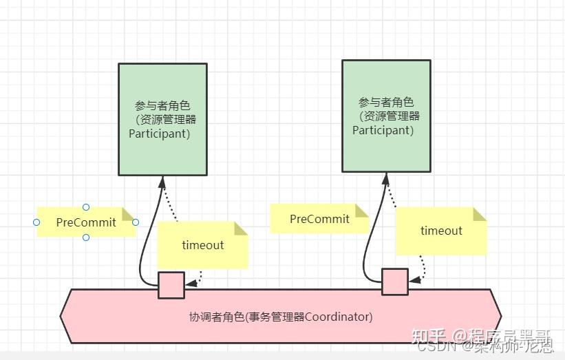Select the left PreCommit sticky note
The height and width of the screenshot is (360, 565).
[86, 222]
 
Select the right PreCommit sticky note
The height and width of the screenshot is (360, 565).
[319, 219]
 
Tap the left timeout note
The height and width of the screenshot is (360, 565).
[202, 245]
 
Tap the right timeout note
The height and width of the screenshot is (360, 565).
[441, 231]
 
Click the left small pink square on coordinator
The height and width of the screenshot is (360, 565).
[171, 285]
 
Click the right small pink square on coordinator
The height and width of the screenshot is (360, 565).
[395, 282]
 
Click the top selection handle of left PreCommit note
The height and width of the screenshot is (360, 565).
[86, 207]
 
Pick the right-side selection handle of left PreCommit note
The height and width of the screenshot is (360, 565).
[136, 222]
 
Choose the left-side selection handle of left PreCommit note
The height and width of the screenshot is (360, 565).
[36, 222]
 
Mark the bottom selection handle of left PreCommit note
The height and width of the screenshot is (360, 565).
[86, 238]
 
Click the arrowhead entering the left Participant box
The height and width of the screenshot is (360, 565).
[162, 182]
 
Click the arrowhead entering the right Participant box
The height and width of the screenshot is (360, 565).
[386, 178]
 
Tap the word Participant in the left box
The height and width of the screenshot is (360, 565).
[159, 134]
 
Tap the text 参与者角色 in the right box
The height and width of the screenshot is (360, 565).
[386, 102]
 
